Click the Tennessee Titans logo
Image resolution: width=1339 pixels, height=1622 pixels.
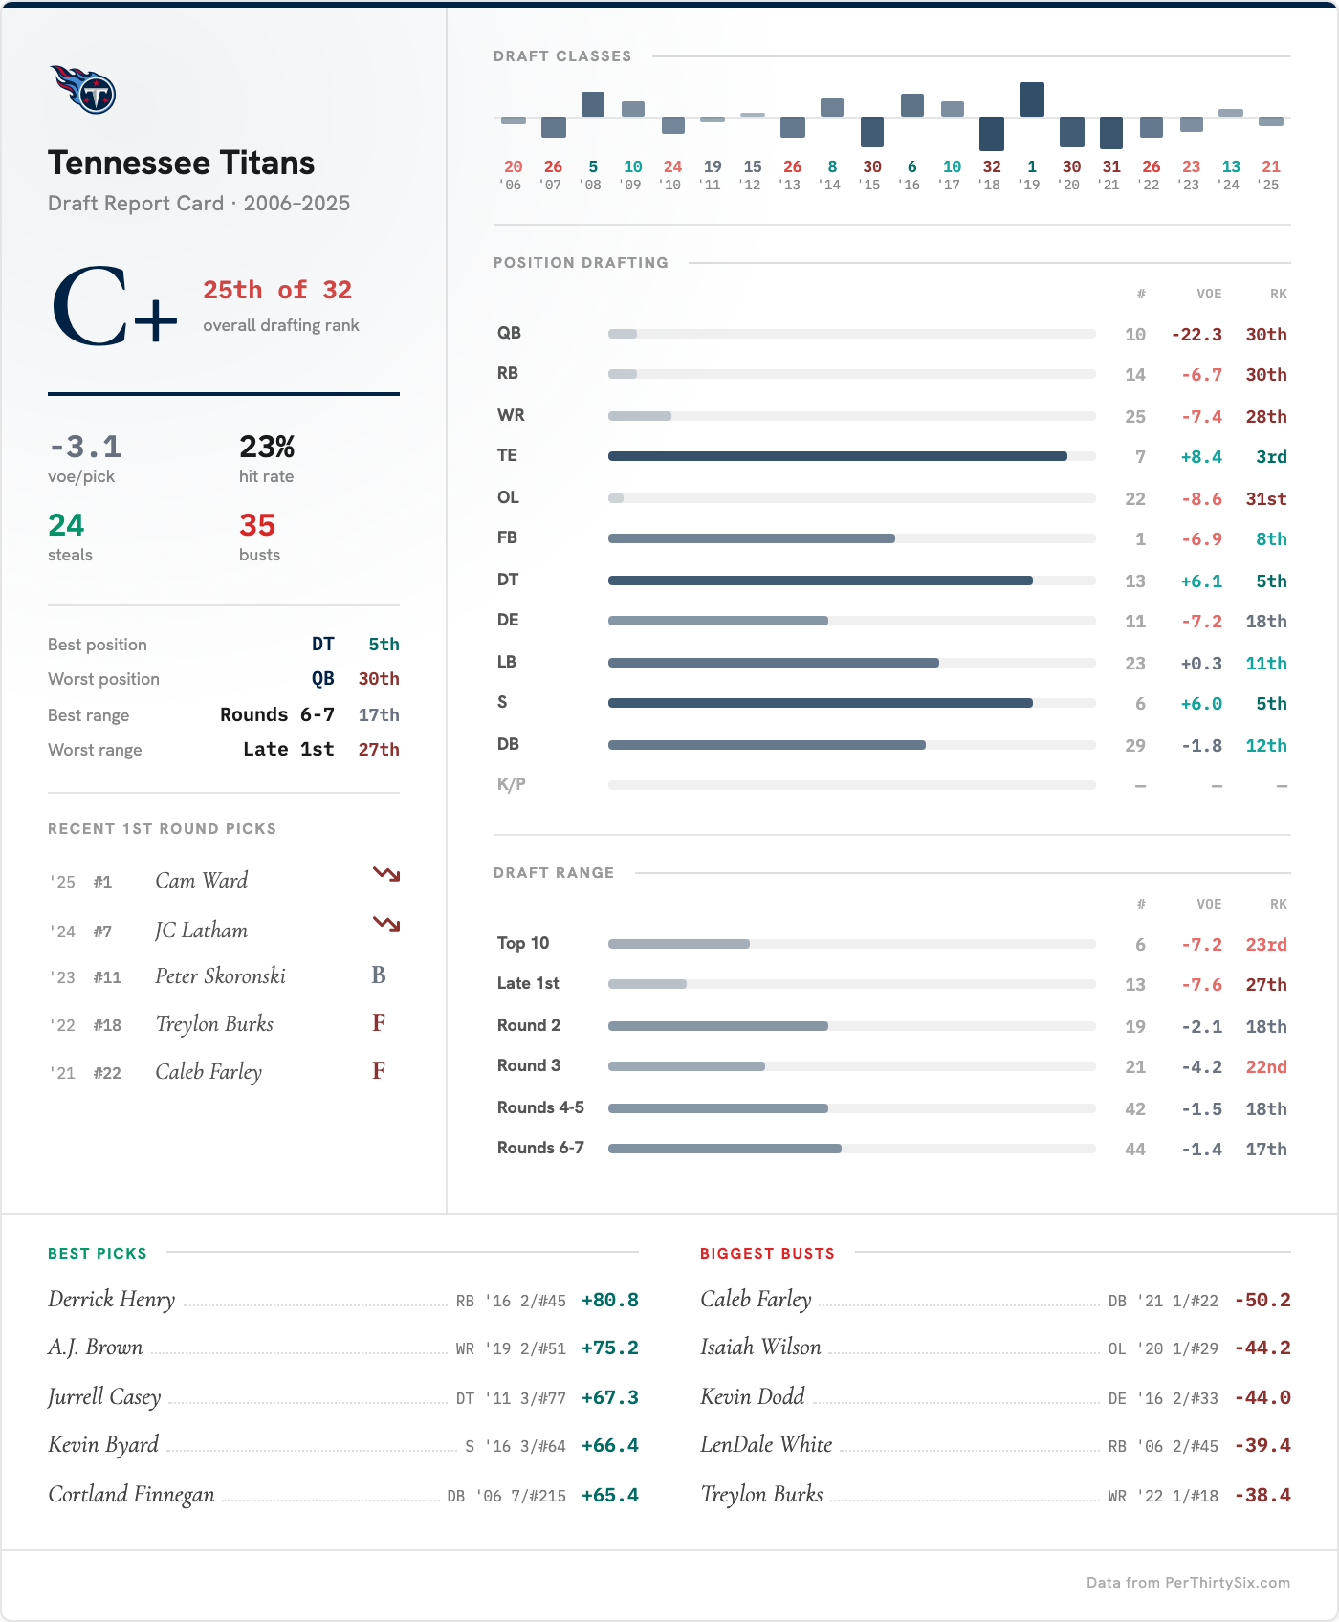coord(83,90)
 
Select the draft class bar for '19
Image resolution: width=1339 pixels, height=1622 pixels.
coord(1031,100)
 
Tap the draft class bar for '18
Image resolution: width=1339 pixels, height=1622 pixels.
coord(992,134)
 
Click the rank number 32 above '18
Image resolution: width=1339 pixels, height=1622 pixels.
coord(992,166)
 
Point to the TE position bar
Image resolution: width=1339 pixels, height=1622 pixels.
coord(837,456)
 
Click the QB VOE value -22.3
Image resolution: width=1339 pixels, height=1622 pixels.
coord(1196,335)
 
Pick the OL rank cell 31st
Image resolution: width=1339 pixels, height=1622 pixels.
coord(1265,499)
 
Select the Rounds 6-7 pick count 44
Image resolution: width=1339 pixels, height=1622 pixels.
coord(1134,1150)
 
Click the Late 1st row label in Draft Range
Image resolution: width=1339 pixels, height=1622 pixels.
coord(528,983)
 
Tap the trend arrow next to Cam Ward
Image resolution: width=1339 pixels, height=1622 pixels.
coord(386,874)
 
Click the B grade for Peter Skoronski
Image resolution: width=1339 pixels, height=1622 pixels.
coord(379,975)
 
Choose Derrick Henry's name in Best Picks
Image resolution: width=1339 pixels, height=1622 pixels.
coord(112,1300)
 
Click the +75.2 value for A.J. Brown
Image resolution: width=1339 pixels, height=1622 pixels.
coord(609,1348)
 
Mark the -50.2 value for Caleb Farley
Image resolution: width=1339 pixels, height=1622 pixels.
coord(1262,1301)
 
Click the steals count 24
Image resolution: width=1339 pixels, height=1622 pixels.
coord(66,525)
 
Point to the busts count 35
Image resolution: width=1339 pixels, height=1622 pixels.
coord(257,525)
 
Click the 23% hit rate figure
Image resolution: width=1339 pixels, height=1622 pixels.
coord(267,447)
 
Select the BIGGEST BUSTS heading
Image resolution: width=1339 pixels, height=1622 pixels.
coord(767,1254)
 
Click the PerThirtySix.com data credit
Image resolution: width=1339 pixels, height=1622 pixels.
coord(1188,1583)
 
